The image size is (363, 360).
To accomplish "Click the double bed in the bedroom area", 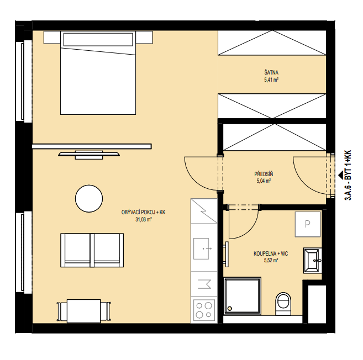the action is coord(98,73).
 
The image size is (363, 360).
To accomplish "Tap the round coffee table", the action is coord(89,199).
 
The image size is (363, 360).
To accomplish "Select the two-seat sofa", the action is coord(92,250).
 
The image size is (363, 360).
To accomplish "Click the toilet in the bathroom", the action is coord(283,304).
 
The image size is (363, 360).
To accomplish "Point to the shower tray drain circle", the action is coord(230,309).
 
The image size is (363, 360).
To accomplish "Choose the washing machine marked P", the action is coord(308,224).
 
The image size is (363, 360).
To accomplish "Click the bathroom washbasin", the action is coord(313,261).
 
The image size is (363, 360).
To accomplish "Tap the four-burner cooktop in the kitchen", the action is coord(204,310).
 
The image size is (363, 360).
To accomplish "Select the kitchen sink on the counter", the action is coord(202,248).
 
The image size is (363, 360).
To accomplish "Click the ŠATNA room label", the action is coord(271,72).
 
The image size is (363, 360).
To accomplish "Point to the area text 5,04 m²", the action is coord(264,181).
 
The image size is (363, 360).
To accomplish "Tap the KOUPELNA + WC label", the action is coord(271,254).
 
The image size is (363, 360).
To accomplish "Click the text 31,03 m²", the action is coord(144,219).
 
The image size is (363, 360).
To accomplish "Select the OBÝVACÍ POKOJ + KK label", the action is coord(143,213).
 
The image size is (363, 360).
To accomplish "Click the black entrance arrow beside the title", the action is coord(340,176).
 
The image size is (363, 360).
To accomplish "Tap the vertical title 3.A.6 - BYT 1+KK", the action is coord(349,175).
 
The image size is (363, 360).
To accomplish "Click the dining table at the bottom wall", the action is coord(84,311).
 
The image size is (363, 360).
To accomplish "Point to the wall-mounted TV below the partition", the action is coord(89,155).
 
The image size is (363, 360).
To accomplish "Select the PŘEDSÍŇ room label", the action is coord(264,174).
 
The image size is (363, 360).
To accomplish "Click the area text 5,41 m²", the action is coord(271,80).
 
